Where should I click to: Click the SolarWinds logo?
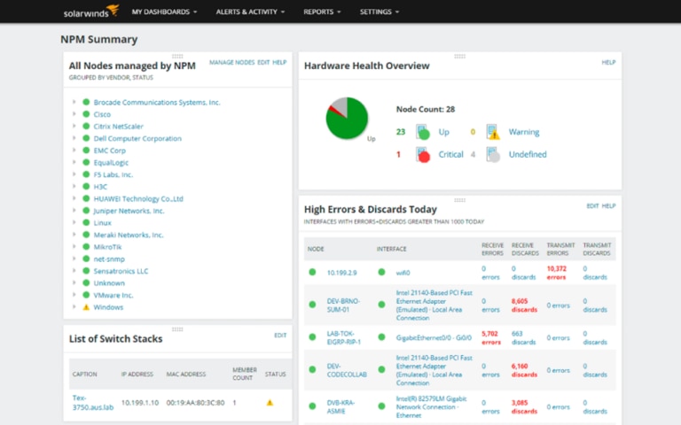coord(90,12)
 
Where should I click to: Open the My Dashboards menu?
coord(163,12)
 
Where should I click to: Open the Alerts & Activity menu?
coord(250,12)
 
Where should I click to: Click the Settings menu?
coord(379,12)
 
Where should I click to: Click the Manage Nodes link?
coord(231,63)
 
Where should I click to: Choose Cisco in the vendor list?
coord(102,114)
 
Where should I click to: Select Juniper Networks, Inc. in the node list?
coord(129,211)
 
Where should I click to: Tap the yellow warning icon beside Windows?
coord(86,307)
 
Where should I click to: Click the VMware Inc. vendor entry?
coord(113,295)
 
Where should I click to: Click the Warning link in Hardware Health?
coord(524,132)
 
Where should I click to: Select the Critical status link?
coord(450,155)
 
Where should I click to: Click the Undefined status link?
coord(528,155)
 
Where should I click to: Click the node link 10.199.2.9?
coord(342,273)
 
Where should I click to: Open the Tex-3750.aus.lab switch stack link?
coord(92,402)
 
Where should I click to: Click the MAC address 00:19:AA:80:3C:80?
coord(195,402)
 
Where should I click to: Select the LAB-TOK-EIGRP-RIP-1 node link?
coord(344,337)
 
